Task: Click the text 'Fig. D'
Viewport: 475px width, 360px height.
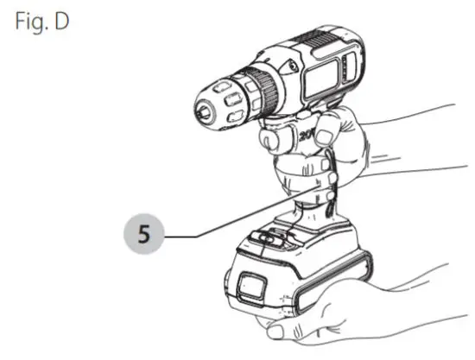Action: pyautogui.click(x=40, y=20)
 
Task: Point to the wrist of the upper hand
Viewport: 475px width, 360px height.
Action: pyautogui.click(x=415, y=147)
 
